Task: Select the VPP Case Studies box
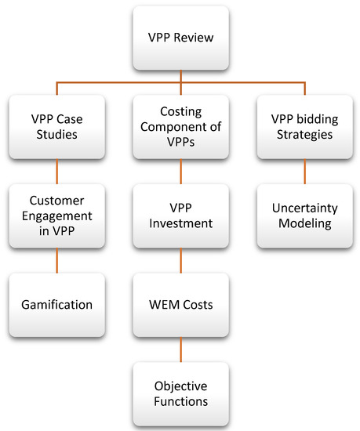56,125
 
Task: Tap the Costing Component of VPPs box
180,125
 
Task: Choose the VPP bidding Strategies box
304,125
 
